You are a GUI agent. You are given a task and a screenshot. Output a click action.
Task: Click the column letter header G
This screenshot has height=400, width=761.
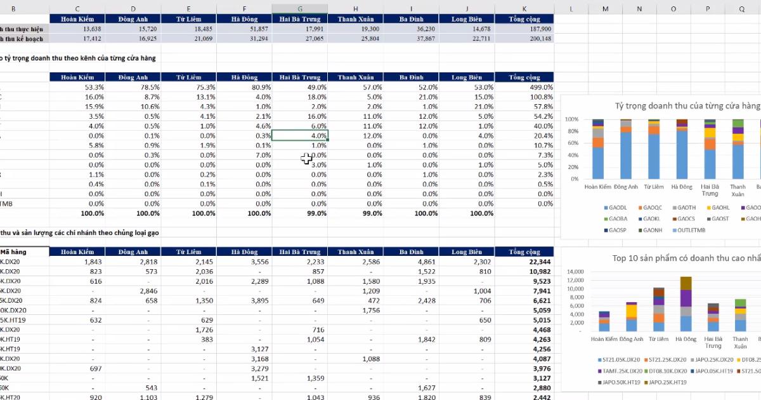point(300,9)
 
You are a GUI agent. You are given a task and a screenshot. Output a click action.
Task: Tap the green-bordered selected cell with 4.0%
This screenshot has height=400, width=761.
point(300,136)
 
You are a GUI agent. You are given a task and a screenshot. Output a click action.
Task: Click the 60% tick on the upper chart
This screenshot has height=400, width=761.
point(571,143)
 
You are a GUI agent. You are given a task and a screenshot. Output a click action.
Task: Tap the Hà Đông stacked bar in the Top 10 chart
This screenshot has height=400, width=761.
point(686,304)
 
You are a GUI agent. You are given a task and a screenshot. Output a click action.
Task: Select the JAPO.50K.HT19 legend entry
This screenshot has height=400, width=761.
point(621,382)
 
